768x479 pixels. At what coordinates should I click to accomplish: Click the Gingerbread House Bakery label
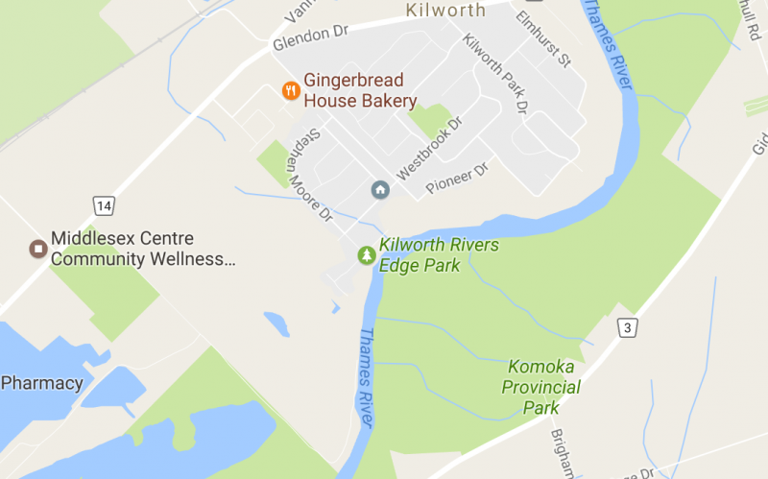point(360,91)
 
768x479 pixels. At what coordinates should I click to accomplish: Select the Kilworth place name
point(445,11)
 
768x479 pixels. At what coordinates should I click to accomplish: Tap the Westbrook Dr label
point(429,150)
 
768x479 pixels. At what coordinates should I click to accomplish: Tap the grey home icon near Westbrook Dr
point(380,190)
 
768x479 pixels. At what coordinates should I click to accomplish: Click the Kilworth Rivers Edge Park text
point(439,255)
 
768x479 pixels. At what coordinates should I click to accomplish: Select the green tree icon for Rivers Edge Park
point(366,254)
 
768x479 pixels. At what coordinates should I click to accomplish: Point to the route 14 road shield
point(104,205)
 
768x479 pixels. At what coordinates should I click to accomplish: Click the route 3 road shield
point(627,328)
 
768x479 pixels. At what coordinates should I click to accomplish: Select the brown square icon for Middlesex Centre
point(37,250)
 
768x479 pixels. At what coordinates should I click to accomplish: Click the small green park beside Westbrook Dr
point(431,119)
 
